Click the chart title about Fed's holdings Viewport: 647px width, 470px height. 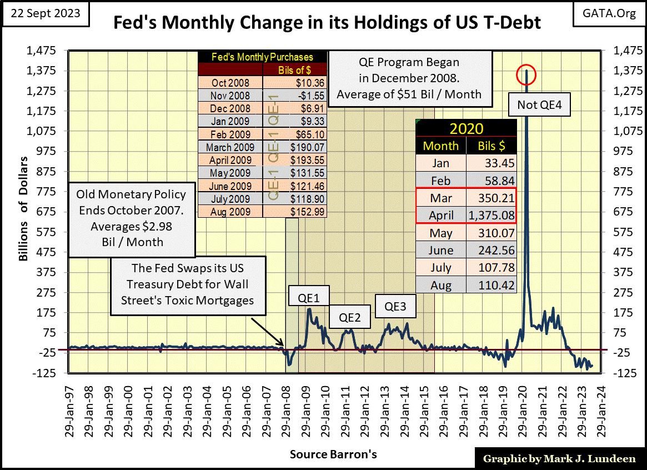327,23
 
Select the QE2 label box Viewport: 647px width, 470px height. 350,318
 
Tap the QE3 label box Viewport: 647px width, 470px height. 396,306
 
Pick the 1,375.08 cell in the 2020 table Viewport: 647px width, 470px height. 492,215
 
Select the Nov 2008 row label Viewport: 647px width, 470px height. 230,96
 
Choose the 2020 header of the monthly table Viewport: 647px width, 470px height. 467,129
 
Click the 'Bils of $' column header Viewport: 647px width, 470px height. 294,69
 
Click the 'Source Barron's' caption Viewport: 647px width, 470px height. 333,454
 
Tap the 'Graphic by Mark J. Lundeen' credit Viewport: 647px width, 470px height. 558,459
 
